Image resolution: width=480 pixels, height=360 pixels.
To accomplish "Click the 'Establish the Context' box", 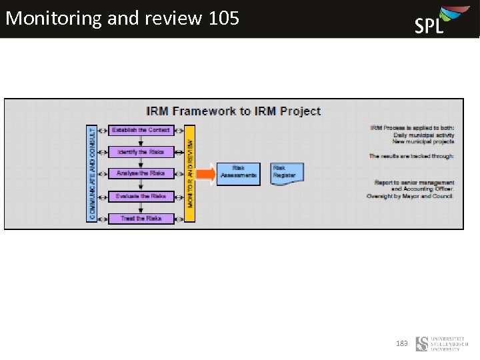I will (x=141, y=131).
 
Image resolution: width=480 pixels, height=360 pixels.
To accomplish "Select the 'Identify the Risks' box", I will (x=141, y=153).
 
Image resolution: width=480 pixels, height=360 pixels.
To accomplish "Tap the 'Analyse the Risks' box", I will (x=141, y=174).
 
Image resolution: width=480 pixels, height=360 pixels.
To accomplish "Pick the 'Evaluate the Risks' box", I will (x=141, y=197).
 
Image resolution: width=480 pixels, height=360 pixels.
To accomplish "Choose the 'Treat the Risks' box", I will (x=141, y=219).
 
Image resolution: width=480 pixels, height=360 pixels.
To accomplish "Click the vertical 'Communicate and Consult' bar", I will (x=92, y=173).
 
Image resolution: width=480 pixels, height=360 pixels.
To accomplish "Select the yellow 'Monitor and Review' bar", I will (x=190, y=173).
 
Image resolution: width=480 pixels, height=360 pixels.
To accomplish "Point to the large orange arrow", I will (x=206, y=175).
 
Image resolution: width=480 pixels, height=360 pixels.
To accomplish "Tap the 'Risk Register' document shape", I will (x=287, y=173).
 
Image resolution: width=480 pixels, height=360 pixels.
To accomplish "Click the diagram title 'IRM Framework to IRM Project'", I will (x=233, y=111).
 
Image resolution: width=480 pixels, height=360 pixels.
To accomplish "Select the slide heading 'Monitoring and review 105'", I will (x=122, y=18).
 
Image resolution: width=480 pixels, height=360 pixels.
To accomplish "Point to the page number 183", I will (x=401, y=343).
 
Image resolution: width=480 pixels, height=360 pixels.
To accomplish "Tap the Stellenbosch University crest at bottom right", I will (x=421, y=344).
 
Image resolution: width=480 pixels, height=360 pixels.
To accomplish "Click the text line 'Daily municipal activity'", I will (x=423, y=135).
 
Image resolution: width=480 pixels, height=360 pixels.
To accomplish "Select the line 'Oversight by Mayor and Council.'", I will (x=410, y=196).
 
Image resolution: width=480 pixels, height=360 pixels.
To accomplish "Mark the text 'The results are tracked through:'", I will (x=411, y=156).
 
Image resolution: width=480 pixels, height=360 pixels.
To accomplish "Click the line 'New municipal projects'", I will (x=423, y=141).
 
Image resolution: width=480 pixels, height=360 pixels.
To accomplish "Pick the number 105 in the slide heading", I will (x=223, y=18).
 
